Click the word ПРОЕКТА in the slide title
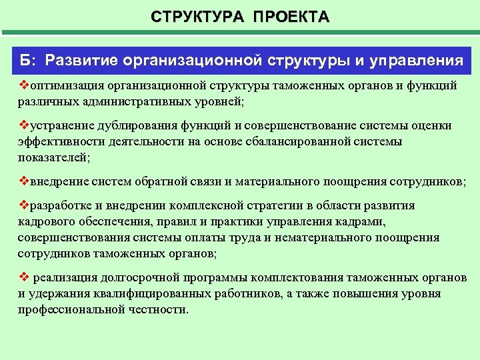pos(291,17)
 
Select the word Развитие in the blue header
pos(81,61)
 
